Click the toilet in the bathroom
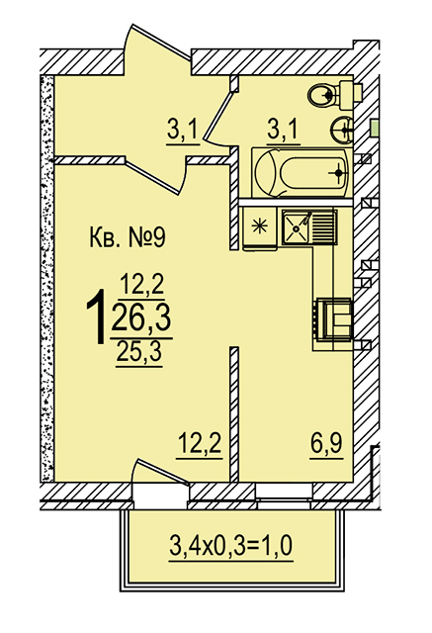tap(334, 95)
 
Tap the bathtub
tap(302, 173)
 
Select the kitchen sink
tap(309, 227)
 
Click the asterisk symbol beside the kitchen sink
tap(259, 226)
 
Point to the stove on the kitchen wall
tap(333, 319)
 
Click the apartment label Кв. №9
tap(127, 237)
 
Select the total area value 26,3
tap(141, 317)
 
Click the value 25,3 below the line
tap(139, 352)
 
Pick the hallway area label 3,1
tap(182, 131)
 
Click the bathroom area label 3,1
tap(283, 130)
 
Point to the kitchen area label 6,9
tap(326, 444)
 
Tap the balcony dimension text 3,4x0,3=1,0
tap(231, 547)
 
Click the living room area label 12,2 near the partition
tap(200, 443)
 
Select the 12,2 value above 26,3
tap(142, 284)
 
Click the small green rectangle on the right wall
tap(375, 129)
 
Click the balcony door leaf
tap(162, 471)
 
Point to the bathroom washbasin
tap(342, 130)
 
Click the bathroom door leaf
tap(219, 116)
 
